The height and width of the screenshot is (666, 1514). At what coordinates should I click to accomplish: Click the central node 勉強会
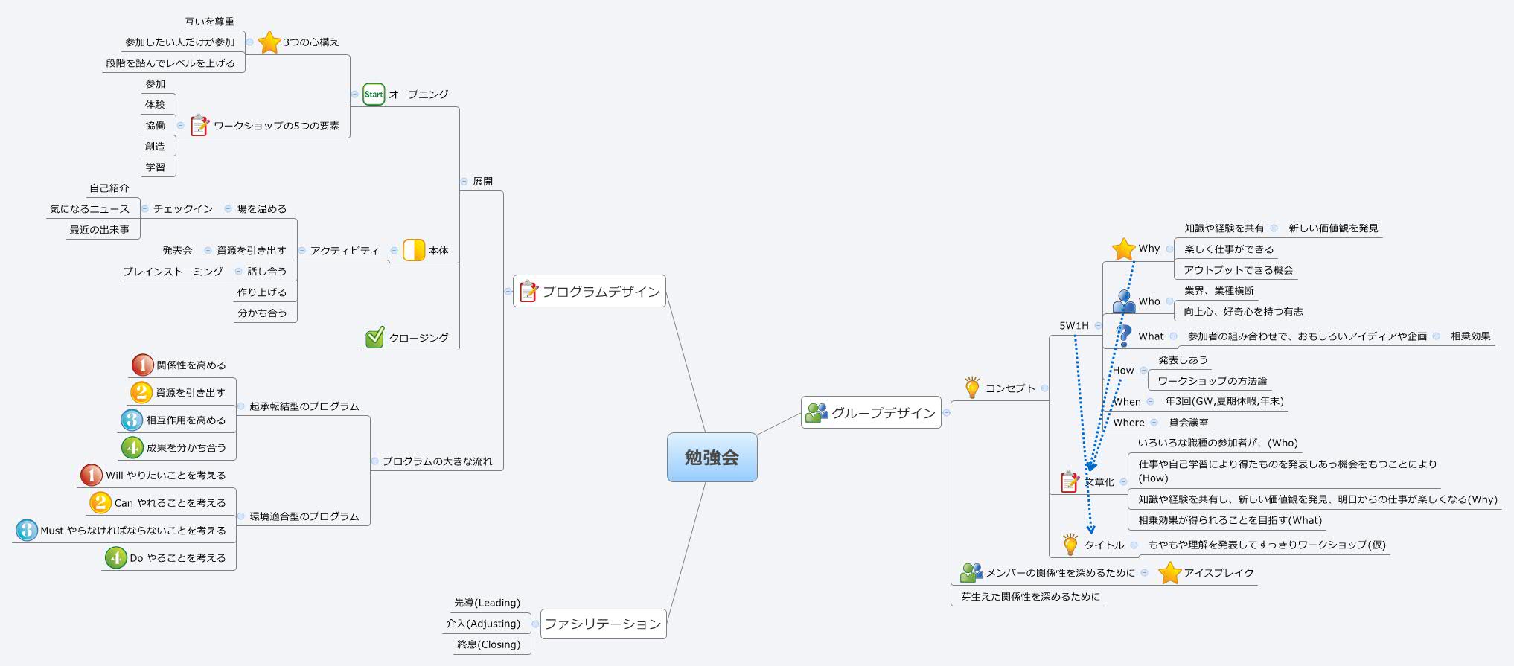(x=712, y=457)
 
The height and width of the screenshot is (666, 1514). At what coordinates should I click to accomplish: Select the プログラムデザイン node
(x=589, y=292)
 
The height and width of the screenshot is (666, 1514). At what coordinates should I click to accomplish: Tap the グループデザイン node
(x=871, y=412)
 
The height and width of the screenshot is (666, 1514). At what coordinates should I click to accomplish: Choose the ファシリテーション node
(x=602, y=624)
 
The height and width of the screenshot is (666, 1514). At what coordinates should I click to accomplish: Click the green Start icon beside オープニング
(x=374, y=95)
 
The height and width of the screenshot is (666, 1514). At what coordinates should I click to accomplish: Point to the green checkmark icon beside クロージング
(x=375, y=338)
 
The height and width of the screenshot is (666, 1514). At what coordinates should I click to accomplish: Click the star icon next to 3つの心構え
(x=269, y=42)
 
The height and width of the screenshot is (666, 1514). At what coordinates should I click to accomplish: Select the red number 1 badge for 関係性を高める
(x=142, y=365)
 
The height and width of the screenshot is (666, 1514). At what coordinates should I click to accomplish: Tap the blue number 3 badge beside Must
(x=27, y=530)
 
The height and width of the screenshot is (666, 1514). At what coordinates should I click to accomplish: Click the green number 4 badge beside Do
(x=116, y=557)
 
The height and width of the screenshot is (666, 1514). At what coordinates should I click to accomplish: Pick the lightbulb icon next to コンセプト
(x=972, y=388)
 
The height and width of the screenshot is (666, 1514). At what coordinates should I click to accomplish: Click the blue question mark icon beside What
(x=1124, y=336)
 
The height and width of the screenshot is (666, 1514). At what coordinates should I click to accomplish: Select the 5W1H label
(x=1074, y=326)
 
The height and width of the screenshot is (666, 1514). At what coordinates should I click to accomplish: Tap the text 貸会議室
(x=1189, y=423)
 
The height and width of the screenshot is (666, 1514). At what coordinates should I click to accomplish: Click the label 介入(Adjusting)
(x=483, y=624)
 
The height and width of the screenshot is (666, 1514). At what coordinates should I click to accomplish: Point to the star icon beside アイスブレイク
(x=1170, y=573)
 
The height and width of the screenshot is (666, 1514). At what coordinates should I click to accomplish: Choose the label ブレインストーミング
(x=173, y=272)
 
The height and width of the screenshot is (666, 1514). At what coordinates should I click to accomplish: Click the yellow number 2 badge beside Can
(x=100, y=502)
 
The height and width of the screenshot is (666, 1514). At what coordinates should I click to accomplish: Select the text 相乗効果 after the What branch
(x=1470, y=336)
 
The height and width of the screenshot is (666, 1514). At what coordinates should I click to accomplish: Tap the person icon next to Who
(x=1124, y=301)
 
